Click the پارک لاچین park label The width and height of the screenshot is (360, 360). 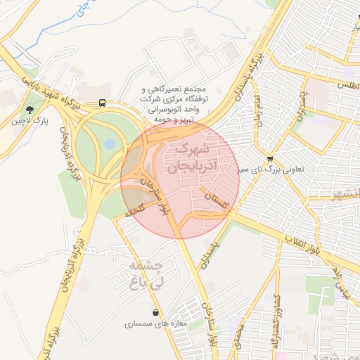coord(30,121)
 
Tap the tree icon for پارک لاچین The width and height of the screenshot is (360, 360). coord(30,109)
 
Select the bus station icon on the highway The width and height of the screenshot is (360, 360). coord(103,103)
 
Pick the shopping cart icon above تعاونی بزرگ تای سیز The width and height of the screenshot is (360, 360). coord(271,159)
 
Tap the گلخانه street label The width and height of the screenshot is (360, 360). coord(134,208)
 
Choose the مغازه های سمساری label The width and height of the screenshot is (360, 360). coord(154,324)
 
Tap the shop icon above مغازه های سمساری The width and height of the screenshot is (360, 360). coord(155,312)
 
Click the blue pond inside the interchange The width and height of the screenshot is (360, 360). coord(110,144)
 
